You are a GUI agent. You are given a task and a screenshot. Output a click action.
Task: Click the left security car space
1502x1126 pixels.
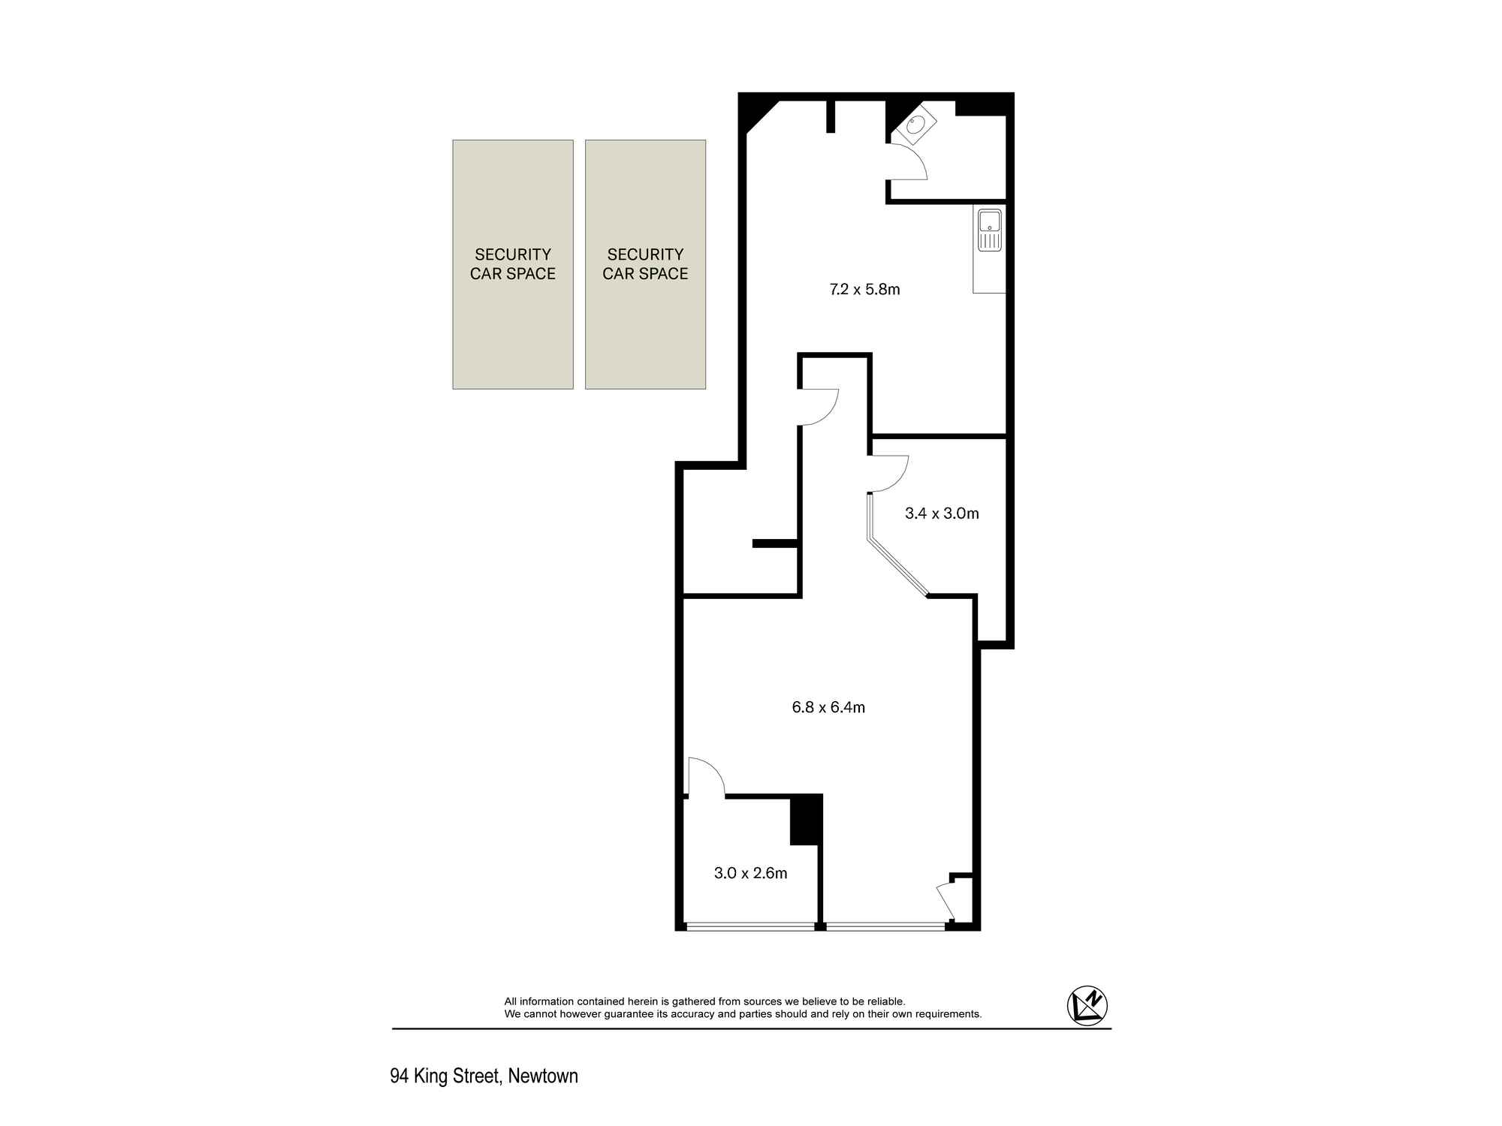(513, 264)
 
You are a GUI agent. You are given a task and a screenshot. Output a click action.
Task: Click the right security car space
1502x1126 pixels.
(645, 264)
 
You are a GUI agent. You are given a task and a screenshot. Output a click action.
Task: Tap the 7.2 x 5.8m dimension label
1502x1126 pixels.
(864, 289)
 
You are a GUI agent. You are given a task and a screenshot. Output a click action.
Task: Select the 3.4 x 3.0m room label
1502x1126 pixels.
(942, 513)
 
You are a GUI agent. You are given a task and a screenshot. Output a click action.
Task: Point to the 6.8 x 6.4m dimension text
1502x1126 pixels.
(828, 707)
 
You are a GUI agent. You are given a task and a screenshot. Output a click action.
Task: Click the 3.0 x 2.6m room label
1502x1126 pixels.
(750, 873)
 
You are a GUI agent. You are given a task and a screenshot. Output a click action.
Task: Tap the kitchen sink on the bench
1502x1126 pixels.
(990, 230)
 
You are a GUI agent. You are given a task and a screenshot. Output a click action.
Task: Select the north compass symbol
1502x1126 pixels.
(1087, 1005)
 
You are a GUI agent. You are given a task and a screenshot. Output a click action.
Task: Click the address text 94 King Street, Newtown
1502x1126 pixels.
(484, 1076)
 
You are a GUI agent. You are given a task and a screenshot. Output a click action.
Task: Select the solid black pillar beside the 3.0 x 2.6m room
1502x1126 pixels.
(806, 820)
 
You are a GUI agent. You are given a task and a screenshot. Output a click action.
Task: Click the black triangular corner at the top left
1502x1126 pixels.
(757, 113)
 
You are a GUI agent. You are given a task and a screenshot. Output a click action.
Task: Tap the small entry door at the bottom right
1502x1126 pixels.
(946, 903)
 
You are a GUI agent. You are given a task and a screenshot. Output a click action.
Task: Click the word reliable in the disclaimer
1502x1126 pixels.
(885, 1001)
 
